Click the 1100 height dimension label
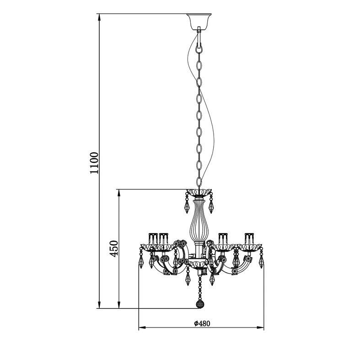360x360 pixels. point(94,163)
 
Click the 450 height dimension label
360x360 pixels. point(113,249)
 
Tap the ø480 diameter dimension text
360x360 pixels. point(202,323)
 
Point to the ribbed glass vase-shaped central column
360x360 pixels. point(196,220)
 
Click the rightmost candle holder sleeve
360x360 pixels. point(249,238)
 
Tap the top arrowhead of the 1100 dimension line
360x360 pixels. point(99,18)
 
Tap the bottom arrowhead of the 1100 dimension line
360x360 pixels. point(99,305)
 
